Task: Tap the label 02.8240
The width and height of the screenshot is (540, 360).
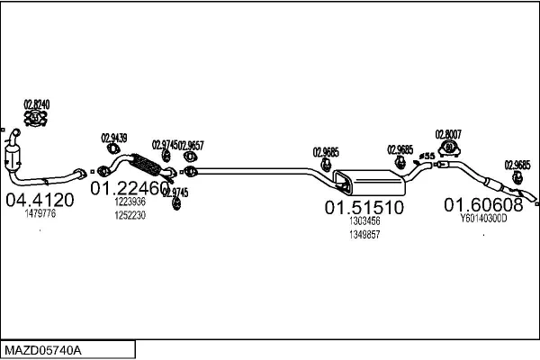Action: (36, 104)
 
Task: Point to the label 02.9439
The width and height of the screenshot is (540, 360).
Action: (113, 138)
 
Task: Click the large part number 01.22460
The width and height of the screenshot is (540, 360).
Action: (130, 188)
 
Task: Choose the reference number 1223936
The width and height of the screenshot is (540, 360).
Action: (130, 202)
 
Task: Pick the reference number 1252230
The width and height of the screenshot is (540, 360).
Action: (130, 216)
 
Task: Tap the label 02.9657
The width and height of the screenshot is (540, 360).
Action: (191, 145)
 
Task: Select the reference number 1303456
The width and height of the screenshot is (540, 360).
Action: (364, 220)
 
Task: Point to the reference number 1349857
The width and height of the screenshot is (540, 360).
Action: (364, 234)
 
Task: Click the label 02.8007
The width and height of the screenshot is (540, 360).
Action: (447, 134)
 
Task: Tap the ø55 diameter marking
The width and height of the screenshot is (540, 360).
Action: (427, 158)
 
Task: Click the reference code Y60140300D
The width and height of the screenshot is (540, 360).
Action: (490, 218)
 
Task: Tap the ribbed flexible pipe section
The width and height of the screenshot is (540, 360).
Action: (144, 166)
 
